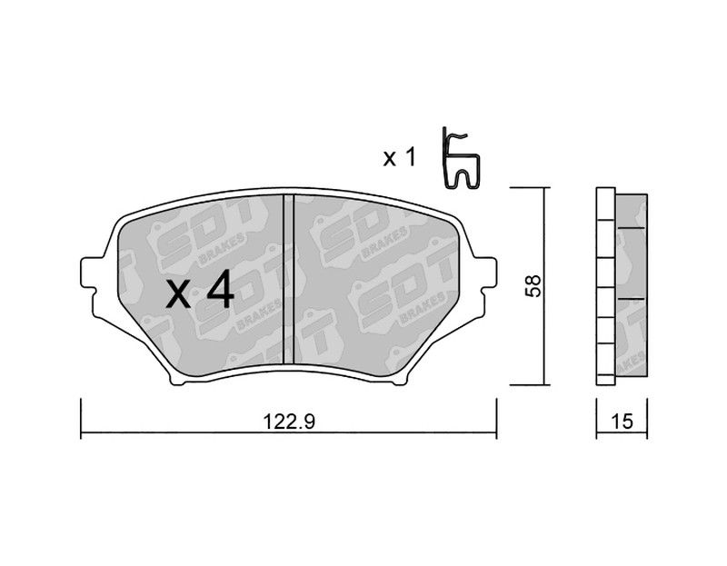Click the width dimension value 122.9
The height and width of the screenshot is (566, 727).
click(289, 422)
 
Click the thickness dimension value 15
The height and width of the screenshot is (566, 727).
click(622, 422)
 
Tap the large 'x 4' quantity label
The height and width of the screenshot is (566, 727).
click(200, 290)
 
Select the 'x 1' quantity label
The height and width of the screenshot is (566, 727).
click(399, 158)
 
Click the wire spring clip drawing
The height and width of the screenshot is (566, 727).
click(461, 158)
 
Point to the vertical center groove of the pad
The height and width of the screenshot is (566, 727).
click(288, 279)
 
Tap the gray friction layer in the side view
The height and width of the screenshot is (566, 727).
click(632, 285)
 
